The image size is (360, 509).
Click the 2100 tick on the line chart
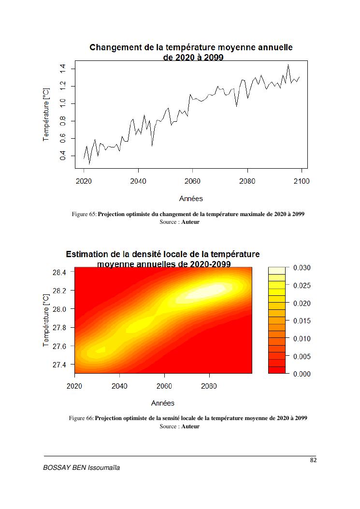pos(302,181)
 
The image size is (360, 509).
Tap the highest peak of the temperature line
pos(288,65)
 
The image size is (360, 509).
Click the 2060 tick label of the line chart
pos(192,181)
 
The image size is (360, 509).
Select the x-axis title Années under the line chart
pos(191,198)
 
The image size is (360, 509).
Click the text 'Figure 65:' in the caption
pos(85,214)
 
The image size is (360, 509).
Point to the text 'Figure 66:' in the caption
pos(82,418)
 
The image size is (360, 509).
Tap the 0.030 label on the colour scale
pos(302,268)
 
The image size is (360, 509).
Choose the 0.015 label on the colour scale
pos(302,321)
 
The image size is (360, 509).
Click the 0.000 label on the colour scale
pos(302,374)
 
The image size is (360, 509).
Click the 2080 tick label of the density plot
pos(209,386)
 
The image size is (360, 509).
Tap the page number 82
pos(313,460)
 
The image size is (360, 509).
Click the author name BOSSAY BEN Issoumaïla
pos(81,468)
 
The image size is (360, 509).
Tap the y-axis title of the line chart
pos(46,115)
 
